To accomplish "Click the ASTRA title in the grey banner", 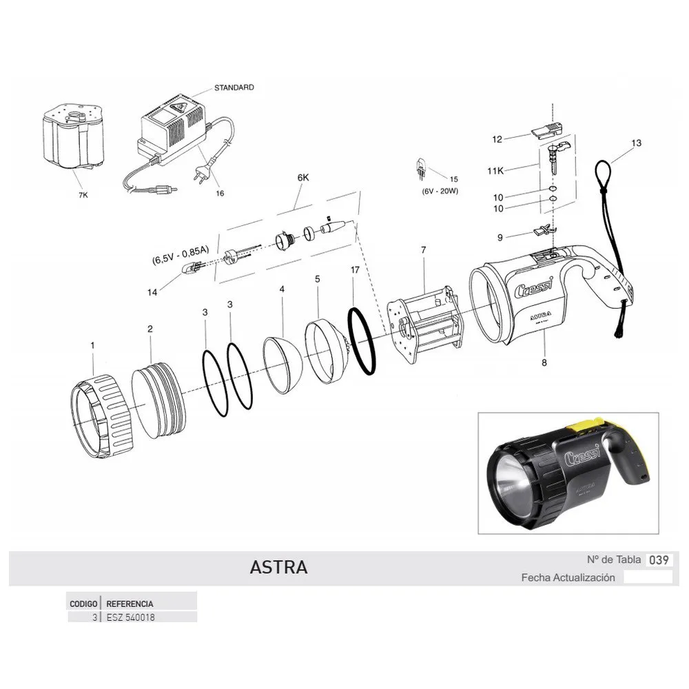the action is (278, 567).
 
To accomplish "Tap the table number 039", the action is (659, 559).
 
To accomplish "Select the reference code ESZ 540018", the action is (130, 617).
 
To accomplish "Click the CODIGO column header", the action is (83, 604).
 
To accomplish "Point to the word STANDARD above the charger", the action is (234, 88).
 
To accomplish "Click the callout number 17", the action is (355, 270).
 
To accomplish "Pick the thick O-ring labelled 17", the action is (362, 341).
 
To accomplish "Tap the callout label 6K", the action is (303, 178).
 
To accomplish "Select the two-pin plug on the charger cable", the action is (198, 172).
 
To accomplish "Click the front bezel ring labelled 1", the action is (101, 415).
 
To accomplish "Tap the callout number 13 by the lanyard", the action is (636, 143).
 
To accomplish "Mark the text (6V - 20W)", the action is (440, 191).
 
